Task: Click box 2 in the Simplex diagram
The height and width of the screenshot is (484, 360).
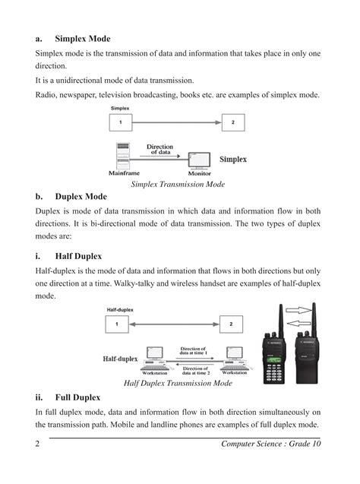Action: (x=232, y=123)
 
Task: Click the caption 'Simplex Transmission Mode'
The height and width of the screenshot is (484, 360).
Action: (x=179, y=184)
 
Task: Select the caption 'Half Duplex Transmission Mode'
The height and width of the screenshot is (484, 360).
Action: (x=178, y=384)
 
